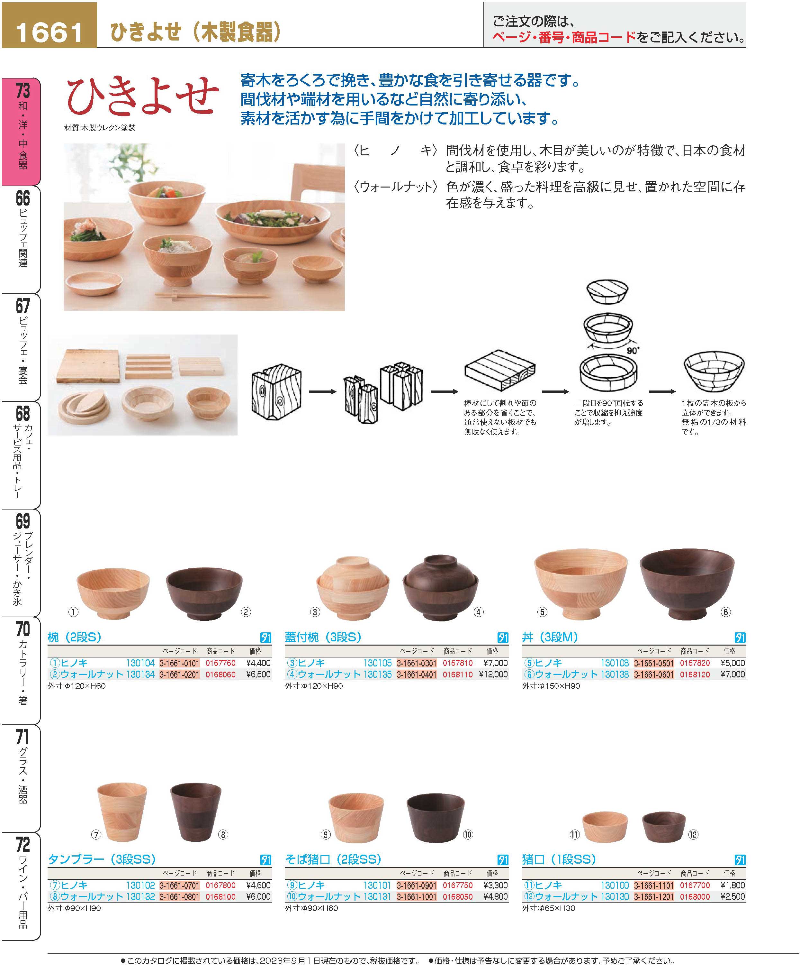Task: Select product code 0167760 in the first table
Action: coord(220,663)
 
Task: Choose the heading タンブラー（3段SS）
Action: coord(102,859)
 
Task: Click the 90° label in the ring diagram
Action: coord(633,351)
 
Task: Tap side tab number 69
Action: coord(22,521)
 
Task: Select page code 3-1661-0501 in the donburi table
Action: coord(653,663)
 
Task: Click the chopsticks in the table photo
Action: coord(212,294)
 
